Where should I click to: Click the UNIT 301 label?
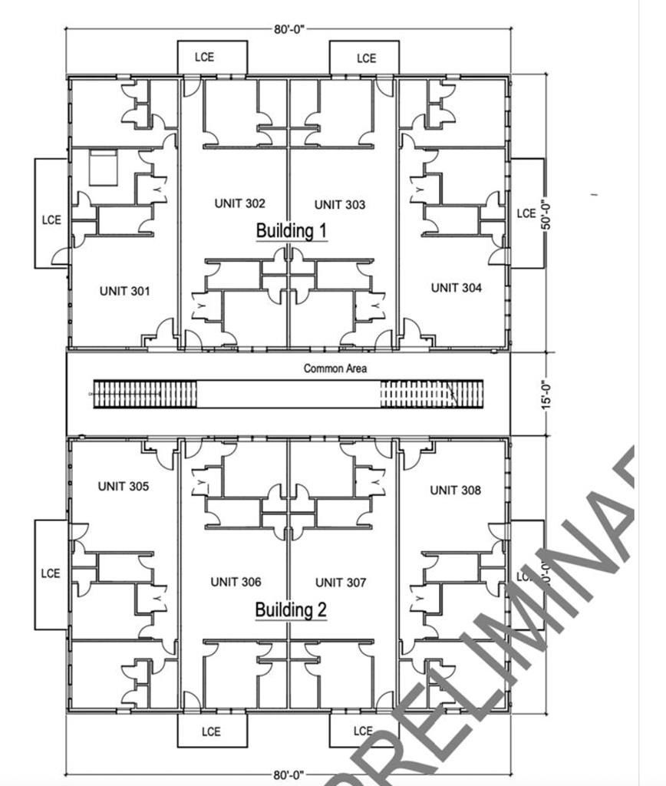click(x=124, y=291)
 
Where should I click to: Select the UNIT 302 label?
click(x=239, y=203)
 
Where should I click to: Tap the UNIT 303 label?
click(x=340, y=205)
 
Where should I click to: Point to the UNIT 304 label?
click(x=457, y=288)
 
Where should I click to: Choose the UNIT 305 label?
click(x=124, y=487)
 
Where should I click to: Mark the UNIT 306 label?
click(x=236, y=583)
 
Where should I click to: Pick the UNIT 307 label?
click(x=340, y=583)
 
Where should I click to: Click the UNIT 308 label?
click(x=456, y=490)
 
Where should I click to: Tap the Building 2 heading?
click(x=291, y=610)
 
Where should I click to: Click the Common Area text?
click(x=335, y=368)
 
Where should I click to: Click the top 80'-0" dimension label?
click(x=289, y=29)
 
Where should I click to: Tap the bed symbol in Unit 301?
click(x=103, y=167)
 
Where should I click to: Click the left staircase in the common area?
click(x=144, y=394)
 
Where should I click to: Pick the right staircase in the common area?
click(x=432, y=394)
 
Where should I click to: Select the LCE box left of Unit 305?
click(x=51, y=573)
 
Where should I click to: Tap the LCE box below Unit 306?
click(x=212, y=731)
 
